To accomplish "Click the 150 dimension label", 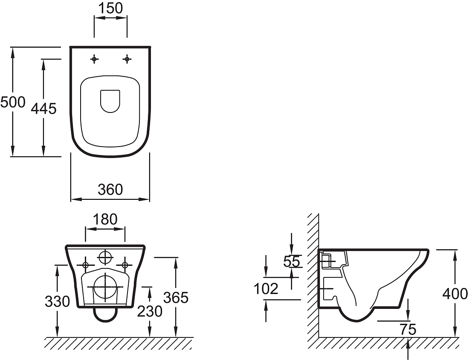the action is tap(110, 8).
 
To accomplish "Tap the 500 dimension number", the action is tap(13, 102).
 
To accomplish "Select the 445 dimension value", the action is tap(43, 109).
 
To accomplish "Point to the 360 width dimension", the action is tap(110, 190).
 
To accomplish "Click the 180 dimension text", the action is tap(105, 219).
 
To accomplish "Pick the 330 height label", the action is tap(57, 302).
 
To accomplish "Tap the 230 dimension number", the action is tap(150, 311).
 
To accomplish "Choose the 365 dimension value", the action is tap(176, 297).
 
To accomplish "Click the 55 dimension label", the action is tap(291, 262).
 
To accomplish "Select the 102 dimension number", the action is tap(266, 288).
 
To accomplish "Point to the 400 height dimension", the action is tap(455, 294).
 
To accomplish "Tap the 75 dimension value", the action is tap(408, 329).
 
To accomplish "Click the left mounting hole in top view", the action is tap(95, 60).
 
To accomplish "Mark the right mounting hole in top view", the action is tap(127, 59).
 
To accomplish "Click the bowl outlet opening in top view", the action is tap(110, 101).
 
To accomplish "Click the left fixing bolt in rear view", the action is tap(85, 265).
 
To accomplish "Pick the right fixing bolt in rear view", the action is tap(125, 265).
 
